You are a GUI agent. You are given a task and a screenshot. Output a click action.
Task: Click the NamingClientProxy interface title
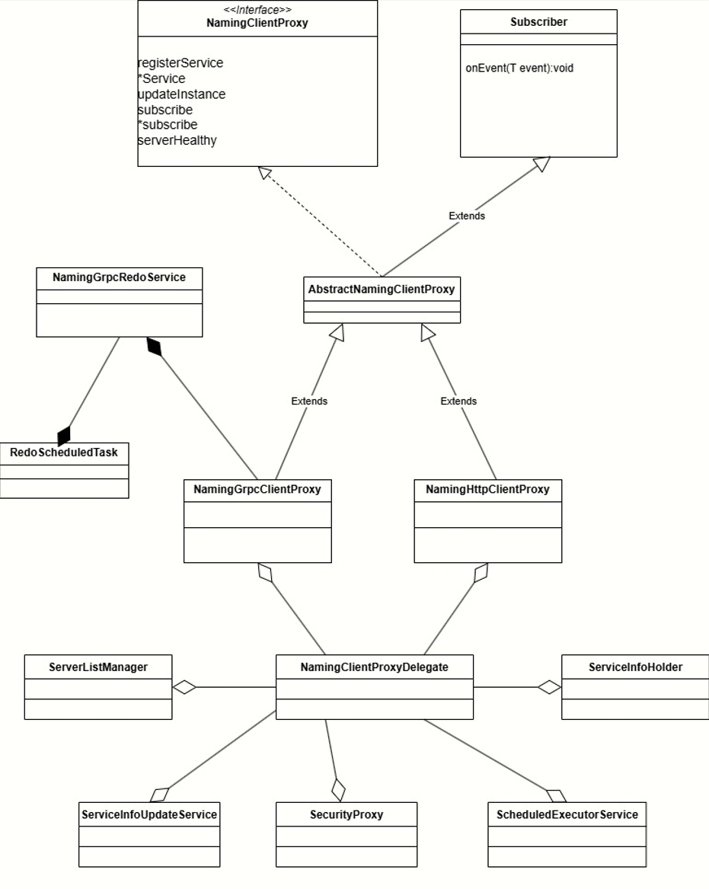257,23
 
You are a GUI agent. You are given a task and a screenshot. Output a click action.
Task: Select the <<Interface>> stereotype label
257,10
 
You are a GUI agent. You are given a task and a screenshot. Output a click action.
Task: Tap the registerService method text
180,63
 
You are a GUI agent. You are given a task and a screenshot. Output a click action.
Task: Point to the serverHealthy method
177,140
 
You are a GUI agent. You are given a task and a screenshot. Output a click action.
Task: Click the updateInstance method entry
181,94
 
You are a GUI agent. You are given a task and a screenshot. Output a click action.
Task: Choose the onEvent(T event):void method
519,68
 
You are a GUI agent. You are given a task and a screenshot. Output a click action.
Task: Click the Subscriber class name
538,22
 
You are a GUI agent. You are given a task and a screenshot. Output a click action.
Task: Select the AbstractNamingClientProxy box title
382,289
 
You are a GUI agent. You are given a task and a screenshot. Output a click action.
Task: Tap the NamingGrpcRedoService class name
119,277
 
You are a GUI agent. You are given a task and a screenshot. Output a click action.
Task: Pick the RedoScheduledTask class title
64,452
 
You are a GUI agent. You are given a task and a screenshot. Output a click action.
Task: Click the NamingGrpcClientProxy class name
257,490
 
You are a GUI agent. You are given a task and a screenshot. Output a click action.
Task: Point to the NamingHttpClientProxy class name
487,490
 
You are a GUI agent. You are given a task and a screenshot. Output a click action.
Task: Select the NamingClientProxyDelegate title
374,667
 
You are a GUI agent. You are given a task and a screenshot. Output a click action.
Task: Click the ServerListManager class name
98,667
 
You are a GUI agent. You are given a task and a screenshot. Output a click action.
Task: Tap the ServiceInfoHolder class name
635,667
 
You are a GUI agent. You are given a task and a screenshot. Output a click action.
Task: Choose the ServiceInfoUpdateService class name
149,814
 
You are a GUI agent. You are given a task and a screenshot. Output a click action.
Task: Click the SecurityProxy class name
347,814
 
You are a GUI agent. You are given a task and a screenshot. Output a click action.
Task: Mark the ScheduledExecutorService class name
567,814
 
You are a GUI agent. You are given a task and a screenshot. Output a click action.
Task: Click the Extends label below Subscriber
467,216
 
